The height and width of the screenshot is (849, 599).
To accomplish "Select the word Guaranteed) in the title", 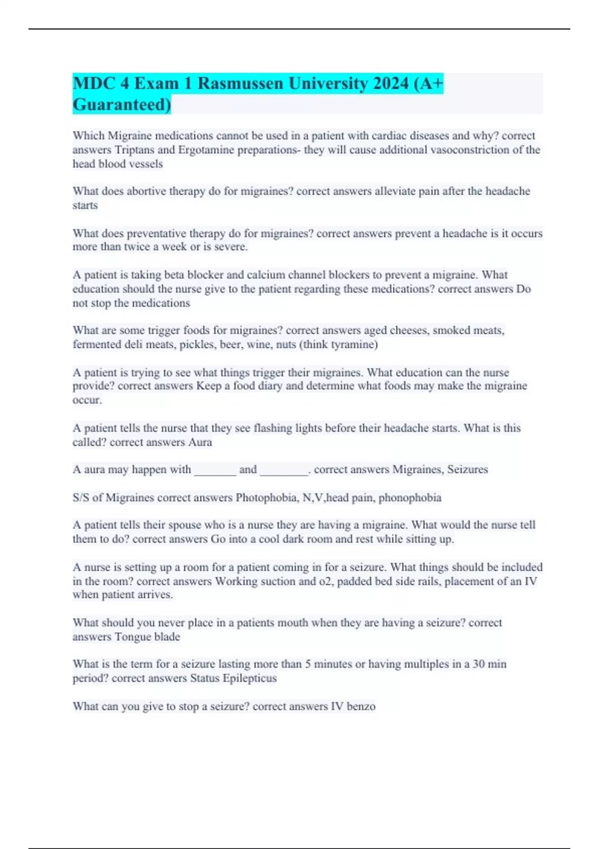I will (122, 105).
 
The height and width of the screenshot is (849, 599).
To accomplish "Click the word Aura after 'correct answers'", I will (200, 442).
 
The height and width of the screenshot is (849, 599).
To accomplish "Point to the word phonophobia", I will (410, 498).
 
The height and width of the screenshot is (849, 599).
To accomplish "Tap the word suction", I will (276, 581).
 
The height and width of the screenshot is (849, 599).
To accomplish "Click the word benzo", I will (361, 706).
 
